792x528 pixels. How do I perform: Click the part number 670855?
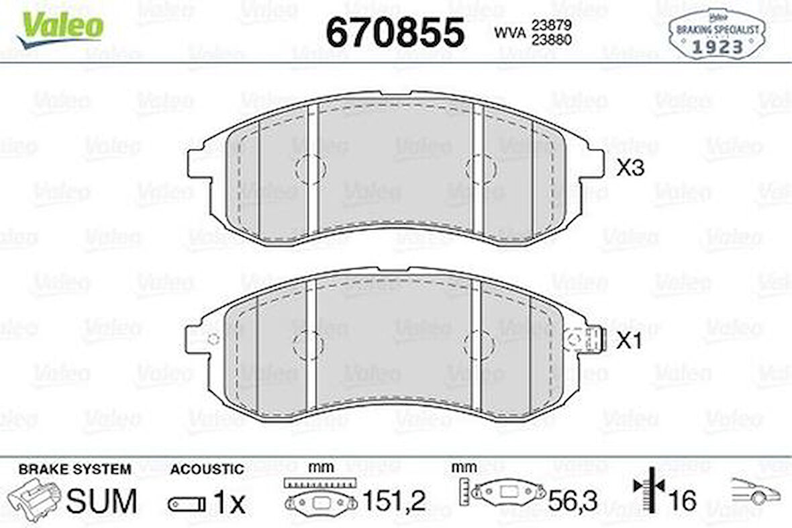click(x=395, y=32)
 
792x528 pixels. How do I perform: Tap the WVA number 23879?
click(x=551, y=24)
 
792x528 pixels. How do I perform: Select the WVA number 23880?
click(x=551, y=40)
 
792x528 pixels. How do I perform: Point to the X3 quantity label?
click(x=630, y=167)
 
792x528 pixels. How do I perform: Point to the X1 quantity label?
click(x=629, y=341)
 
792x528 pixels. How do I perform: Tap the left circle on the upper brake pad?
click(x=309, y=169)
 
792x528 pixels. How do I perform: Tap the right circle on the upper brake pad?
click(x=481, y=169)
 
